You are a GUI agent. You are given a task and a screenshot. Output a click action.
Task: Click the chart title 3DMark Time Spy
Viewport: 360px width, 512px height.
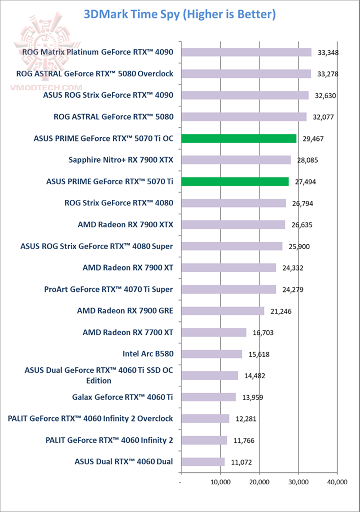[x=180, y=14]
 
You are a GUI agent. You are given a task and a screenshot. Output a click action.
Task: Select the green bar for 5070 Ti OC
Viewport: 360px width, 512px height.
[x=239, y=138]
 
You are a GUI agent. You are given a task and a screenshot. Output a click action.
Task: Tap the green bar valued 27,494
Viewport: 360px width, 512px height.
[x=235, y=181]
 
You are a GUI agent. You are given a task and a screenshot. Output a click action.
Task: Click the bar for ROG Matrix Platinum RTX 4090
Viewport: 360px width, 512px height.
[x=246, y=52]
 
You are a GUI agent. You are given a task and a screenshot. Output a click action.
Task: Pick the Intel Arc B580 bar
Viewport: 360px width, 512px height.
[x=211, y=354]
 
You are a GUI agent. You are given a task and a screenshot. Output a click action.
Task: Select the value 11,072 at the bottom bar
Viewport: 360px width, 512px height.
[x=243, y=462]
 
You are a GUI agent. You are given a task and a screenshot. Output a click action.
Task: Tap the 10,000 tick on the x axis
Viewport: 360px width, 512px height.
[x=220, y=482]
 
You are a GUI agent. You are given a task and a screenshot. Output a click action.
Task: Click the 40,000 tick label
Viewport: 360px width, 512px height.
[x=337, y=482]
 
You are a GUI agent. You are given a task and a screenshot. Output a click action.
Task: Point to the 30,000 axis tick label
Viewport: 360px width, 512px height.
[x=298, y=482]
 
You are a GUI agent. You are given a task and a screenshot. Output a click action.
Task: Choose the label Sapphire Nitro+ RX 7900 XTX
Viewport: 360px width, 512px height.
[x=121, y=160]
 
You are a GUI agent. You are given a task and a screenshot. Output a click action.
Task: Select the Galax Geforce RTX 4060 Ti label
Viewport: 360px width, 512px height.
[x=123, y=397]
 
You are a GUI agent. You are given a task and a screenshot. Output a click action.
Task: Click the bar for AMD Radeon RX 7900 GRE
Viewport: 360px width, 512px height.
[x=222, y=311]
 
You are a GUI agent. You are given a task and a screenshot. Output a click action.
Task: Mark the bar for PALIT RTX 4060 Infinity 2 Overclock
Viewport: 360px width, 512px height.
[x=205, y=418]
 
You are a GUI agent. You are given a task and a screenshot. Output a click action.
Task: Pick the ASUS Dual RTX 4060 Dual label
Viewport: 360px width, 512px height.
[x=124, y=461]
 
